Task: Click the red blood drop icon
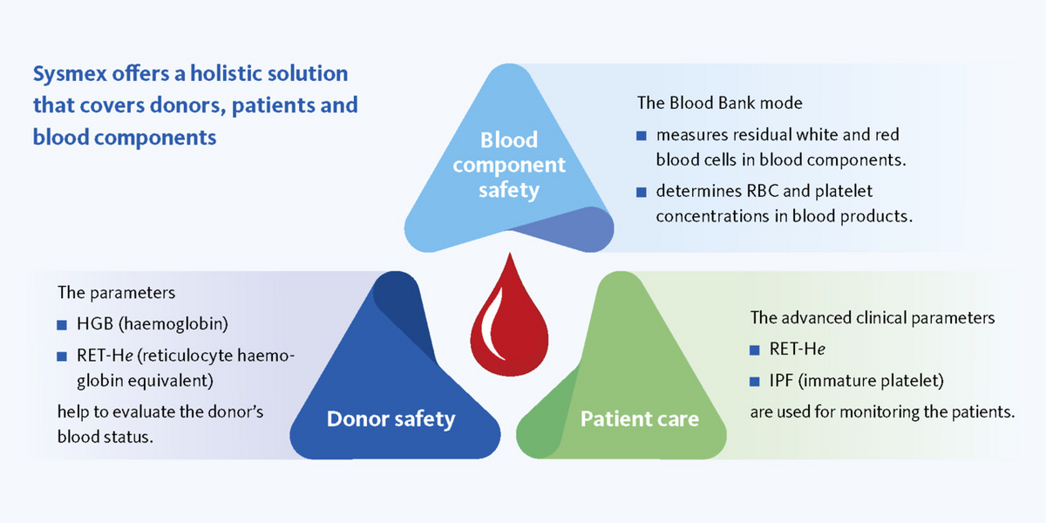[x=509, y=323]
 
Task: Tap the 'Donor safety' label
[x=391, y=419]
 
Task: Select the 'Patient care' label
[x=639, y=419]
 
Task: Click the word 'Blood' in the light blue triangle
[x=509, y=139]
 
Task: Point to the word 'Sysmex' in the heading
[x=70, y=75]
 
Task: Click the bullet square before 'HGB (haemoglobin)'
[x=62, y=325]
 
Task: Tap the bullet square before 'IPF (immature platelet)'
[x=754, y=382]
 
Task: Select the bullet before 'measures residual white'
[x=642, y=136]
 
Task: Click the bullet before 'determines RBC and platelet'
[x=642, y=192]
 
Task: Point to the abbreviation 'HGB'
[x=95, y=323]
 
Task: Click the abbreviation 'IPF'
[x=781, y=381]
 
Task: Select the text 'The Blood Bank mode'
[x=720, y=103]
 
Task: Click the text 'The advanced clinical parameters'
[x=873, y=317]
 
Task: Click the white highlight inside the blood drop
[x=493, y=323]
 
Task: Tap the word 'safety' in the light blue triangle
[x=509, y=191]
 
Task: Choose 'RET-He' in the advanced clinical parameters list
[x=797, y=349]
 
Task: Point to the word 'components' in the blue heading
[x=155, y=139]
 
